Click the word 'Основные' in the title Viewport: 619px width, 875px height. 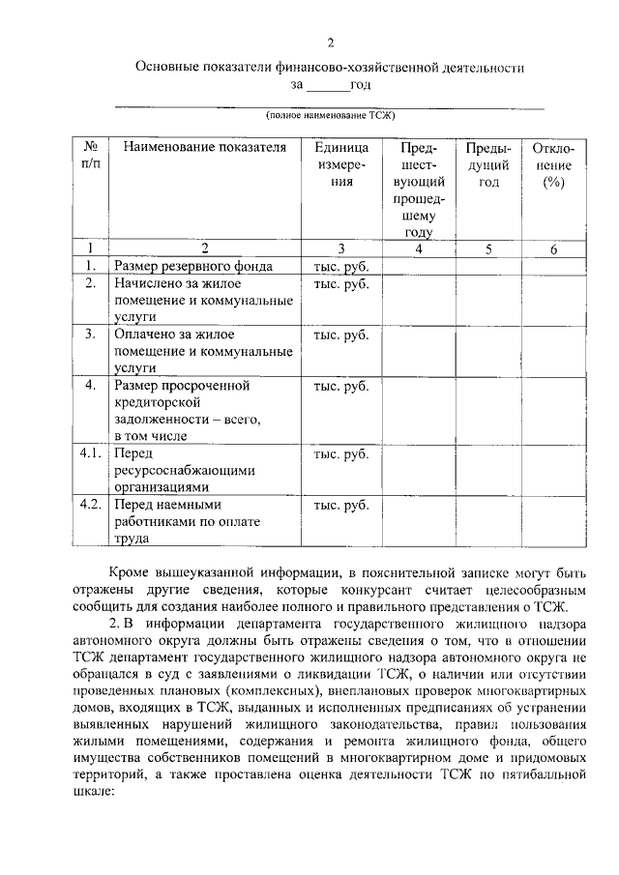click(x=168, y=69)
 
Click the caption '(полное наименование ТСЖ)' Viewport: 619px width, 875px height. click(x=330, y=115)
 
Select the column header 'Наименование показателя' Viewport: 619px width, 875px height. click(x=198, y=148)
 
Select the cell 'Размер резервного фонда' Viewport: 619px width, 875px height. click(x=192, y=266)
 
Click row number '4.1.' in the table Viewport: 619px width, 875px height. click(x=90, y=452)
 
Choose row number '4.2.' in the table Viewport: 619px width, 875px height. click(x=90, y=504)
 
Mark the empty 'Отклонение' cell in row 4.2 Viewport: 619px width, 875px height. click(x=553, y=521)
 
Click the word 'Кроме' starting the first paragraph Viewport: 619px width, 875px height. click(x=128, y=570)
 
